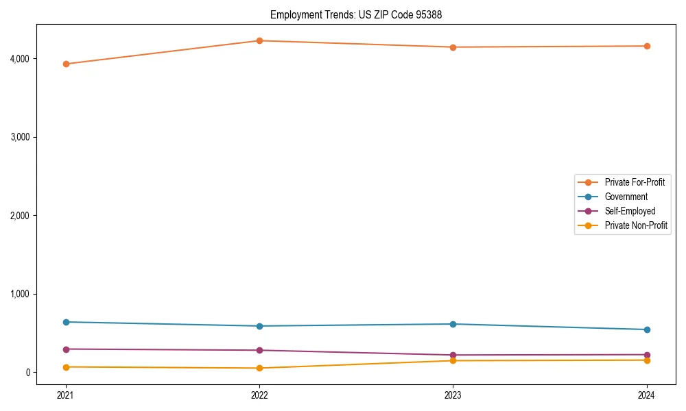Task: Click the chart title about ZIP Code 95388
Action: coord(361,14)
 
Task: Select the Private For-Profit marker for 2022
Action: coord(259,40)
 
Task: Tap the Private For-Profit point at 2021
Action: coord(66,64)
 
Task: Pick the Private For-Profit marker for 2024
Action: coord(647,46)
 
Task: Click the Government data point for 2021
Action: coord(66,322)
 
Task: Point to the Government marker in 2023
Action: coord(453,324)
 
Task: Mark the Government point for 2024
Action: coord(647,329)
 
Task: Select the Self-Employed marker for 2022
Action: coord(259,350)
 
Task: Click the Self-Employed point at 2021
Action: coord(66,349)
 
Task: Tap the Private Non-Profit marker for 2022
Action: coord(259,368)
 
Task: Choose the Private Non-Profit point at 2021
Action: coord(66,367)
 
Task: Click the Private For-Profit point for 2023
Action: coord(453,47)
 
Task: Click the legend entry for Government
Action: coord(626,197)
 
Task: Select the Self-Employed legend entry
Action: coord(630,211)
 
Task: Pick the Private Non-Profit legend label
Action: coord(636,225)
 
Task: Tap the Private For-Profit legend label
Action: coord(635,182)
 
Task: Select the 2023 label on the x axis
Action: coord(453,395)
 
